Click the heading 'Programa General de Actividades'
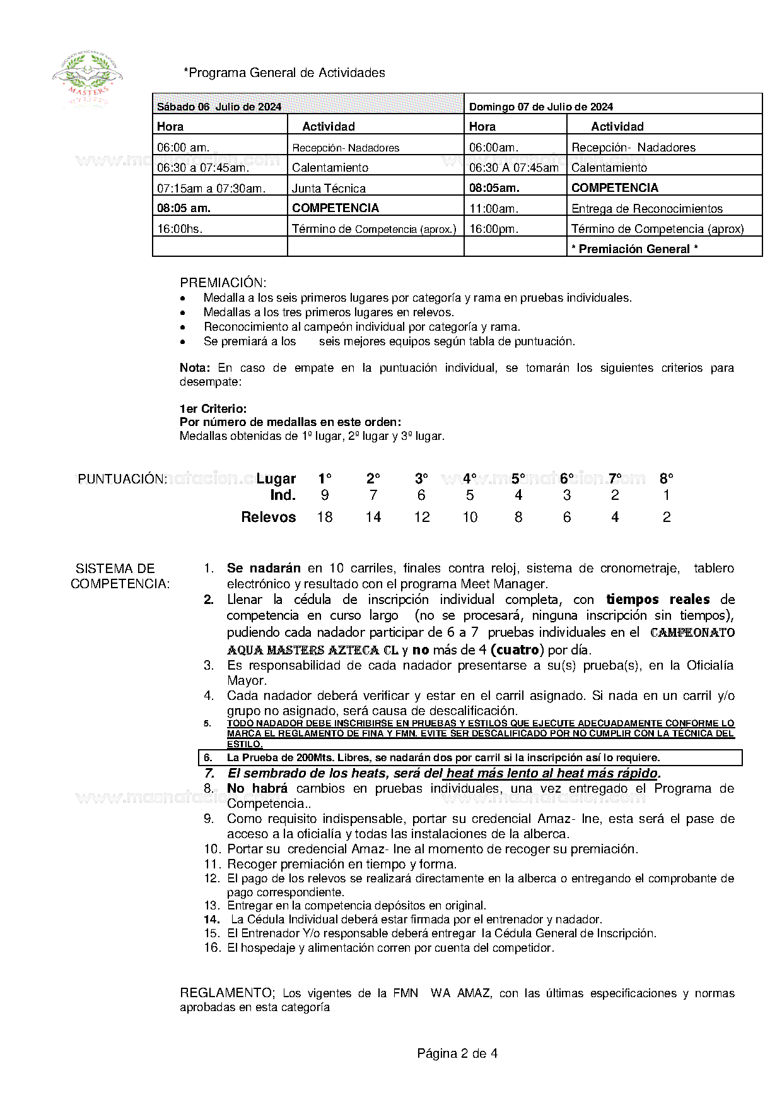tap(284, 73)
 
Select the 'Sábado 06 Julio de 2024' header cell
tap(219, 107)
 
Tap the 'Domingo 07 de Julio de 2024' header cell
tap(540, 107)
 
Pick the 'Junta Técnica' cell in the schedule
tap(329, 188)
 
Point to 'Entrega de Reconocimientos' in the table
tap(646, 208)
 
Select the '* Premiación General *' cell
tap(634, 249)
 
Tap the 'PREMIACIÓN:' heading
tap(223, 282)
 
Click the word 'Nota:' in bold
tap(195, 367)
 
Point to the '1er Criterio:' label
tap(213, 408)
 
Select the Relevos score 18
tap(325, 517)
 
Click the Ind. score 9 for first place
tap(325, 495)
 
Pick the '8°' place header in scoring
tap(667, 478)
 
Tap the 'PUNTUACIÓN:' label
tap(122, 479)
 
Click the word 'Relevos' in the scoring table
tap(268, 517)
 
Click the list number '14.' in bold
tap(211, 920)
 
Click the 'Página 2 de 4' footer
tap(457, 1053)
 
